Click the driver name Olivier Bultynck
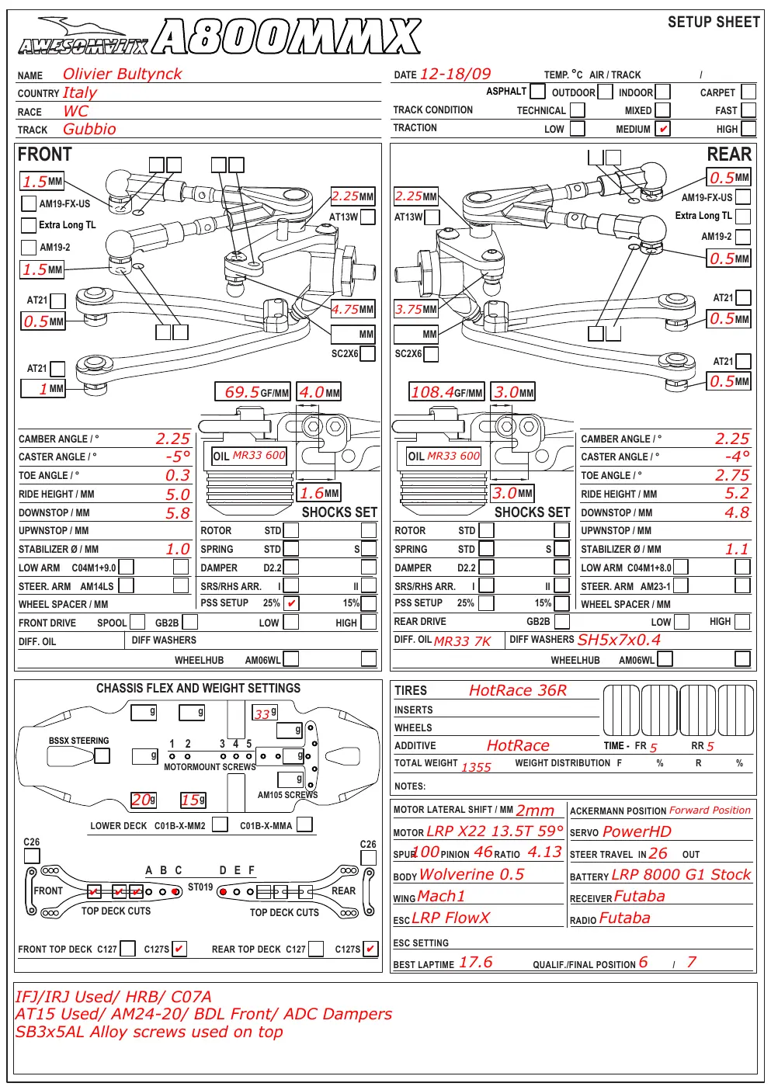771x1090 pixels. click(122, 74)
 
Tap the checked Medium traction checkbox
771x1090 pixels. click(662, 128)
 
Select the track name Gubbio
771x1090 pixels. click(89, 130)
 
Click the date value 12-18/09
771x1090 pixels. click(455, 74)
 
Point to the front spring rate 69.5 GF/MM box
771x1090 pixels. click(252, 392)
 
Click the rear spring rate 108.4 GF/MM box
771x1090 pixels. click(446, 392)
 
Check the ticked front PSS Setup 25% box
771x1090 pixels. click(291, 603)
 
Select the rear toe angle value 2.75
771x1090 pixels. click(732, 475)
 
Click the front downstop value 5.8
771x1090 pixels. click(178, 513)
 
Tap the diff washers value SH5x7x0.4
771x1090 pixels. click(619, 640)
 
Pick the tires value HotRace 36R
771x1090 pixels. click(518, 690)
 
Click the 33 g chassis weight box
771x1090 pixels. click(265, 713)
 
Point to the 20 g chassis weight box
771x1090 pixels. click(144, 800)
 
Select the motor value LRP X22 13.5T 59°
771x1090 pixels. click(495, 831)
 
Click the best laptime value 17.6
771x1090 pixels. click(475, 962)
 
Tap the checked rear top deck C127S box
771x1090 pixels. click(370, 949)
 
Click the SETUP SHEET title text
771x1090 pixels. click(714, 23)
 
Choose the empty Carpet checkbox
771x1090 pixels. click(748, 92)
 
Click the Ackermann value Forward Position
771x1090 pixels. click(710, 811)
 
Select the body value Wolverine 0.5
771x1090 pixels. click(471, 874)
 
